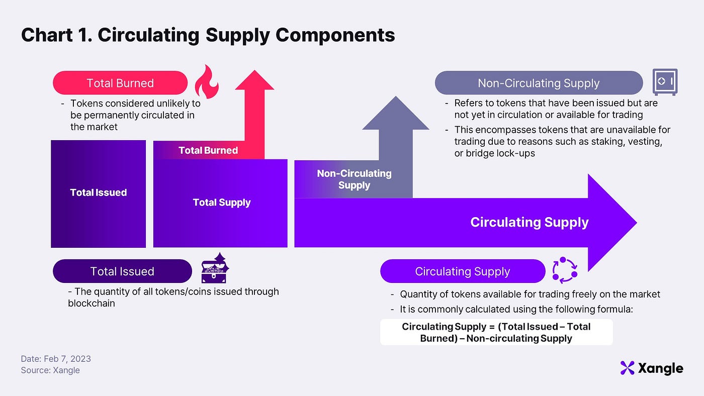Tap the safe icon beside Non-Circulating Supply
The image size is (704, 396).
click(665, 82)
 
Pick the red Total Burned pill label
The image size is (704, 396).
click(120, 83)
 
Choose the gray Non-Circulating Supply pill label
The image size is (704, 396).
click(539, 83)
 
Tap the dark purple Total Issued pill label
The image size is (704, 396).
click(122, 271)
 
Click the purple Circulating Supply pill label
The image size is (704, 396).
click(463, 271)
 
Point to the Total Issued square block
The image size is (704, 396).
click(99, 193)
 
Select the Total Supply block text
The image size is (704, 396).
click(222, 203)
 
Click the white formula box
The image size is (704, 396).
click(496, 332)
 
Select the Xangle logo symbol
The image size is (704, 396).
click(627, 368)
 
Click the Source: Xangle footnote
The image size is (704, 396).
click(50, 370)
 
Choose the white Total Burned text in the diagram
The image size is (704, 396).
click(208, 150)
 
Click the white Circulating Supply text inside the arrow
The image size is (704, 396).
click(529, 222)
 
